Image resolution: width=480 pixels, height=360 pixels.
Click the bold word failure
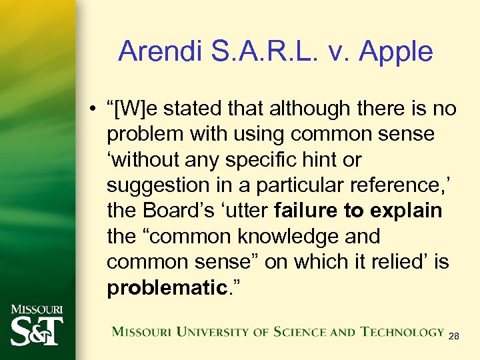(306, 211)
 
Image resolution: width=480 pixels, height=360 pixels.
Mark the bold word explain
(405, 211)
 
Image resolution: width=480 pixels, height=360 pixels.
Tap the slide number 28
(453, 337)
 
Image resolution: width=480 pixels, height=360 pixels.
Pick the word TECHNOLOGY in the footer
(402, 331)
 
